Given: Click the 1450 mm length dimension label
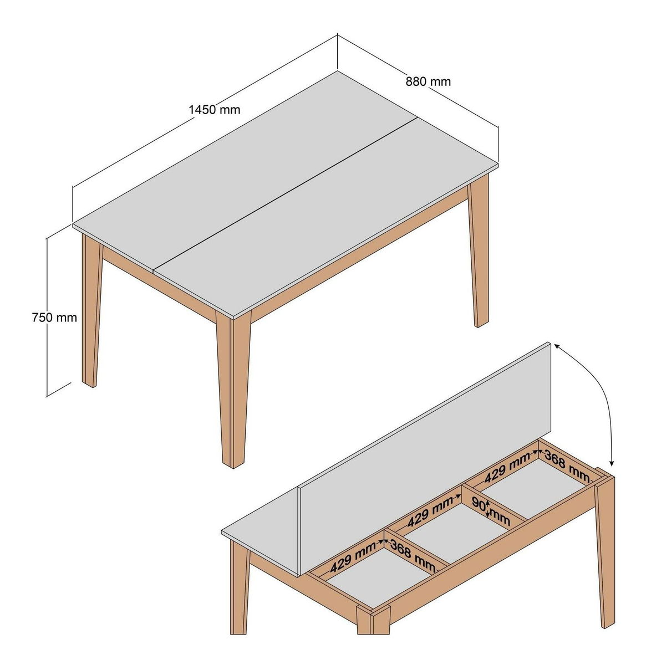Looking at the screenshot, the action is (x=215, y=110).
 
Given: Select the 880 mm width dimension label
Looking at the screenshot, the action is (x=428, y=81).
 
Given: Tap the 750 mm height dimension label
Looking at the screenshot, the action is (x=55, y=318).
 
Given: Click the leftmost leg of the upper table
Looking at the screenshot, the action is (x=91, y=309).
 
